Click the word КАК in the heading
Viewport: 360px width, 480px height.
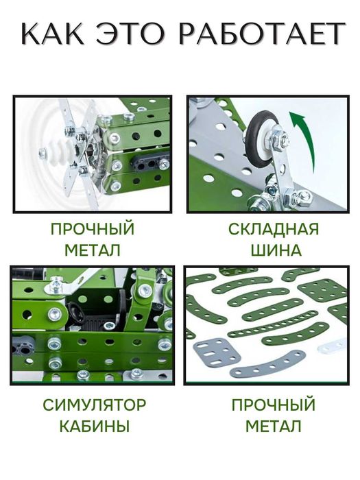[53, 34]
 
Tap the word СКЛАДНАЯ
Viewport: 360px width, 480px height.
[274, 229]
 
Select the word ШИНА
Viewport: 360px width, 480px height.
[276, 250]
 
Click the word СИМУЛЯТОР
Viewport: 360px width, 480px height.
[94, 405]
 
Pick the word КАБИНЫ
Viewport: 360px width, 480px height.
[94, 426]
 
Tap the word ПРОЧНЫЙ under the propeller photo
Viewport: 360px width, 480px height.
[92, 229]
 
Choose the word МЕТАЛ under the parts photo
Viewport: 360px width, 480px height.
[274, 426]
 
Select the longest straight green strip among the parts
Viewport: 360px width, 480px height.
[277, 329]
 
